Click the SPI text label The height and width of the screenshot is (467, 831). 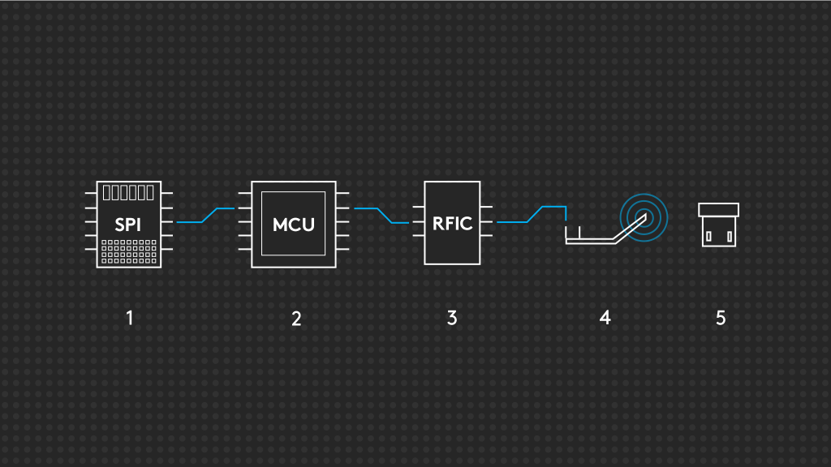[127, 225]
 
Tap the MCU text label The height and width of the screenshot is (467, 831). [293, 225]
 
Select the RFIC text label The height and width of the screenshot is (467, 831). [452, 223]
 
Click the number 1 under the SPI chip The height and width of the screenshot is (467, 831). [129, 318]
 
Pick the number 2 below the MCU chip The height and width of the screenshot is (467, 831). [296, 319]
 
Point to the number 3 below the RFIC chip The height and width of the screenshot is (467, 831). [452, 318]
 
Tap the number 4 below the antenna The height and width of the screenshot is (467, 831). [605, 318]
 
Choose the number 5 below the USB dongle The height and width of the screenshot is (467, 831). [721, 318]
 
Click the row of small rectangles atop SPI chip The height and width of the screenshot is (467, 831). [127, 193]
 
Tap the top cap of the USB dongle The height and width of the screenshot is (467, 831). [718, 210]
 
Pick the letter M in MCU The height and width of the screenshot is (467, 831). [281, 225]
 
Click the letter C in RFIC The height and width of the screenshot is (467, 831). [466, 223]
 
